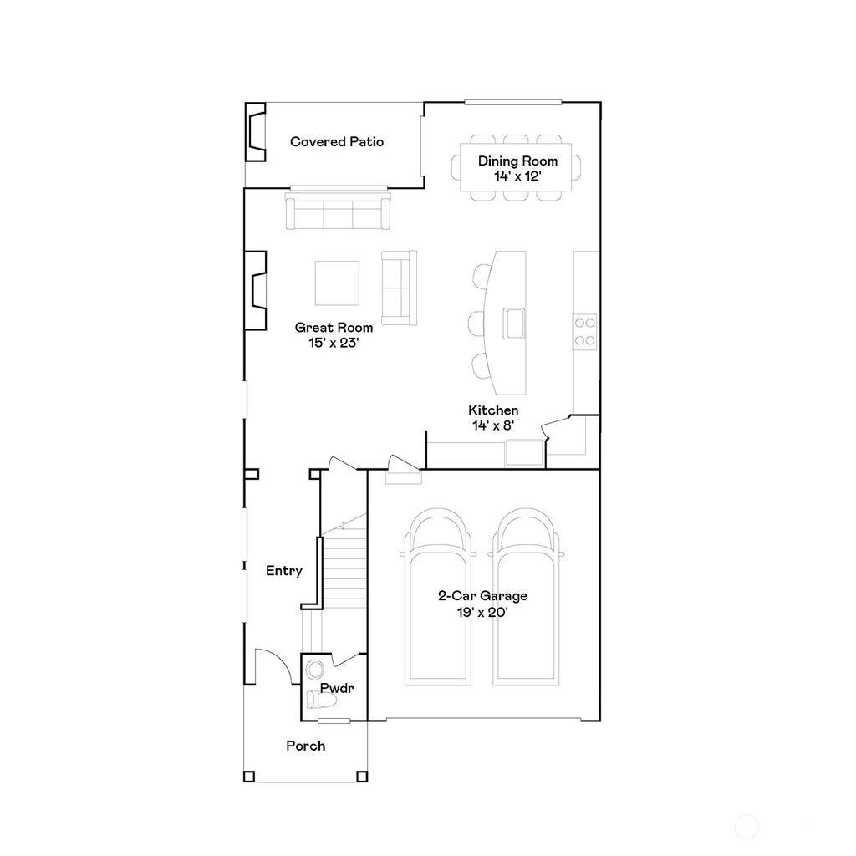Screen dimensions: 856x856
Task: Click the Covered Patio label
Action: point(337,142)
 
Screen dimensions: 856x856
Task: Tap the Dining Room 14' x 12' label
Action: point(517,169)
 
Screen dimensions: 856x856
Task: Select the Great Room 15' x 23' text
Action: point(334,334)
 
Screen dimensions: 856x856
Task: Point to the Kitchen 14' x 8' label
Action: point(493,417)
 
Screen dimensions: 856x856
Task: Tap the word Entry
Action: point(283,571)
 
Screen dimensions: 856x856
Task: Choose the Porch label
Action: point(305,746)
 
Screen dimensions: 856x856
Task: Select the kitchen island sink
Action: point(513,322)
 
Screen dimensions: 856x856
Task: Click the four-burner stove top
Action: point(584,331)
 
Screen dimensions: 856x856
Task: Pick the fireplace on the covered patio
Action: point(255,132)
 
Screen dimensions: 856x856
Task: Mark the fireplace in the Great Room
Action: point(255,290)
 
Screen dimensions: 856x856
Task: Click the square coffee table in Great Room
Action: point(337,283)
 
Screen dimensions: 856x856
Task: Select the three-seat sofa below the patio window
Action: point(338,212)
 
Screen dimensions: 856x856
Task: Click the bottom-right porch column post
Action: point(361,777)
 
